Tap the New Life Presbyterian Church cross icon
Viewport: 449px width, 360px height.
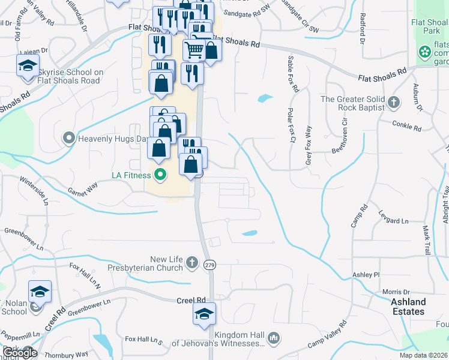191,262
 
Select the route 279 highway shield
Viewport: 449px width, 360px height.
209,264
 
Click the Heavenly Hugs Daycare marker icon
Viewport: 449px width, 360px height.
69,139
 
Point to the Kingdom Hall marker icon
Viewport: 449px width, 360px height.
274,338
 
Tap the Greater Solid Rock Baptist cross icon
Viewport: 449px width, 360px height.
394,102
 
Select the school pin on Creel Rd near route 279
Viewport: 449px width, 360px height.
204,314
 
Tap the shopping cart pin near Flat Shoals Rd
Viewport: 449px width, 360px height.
193,50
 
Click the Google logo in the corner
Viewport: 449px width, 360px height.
20,353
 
